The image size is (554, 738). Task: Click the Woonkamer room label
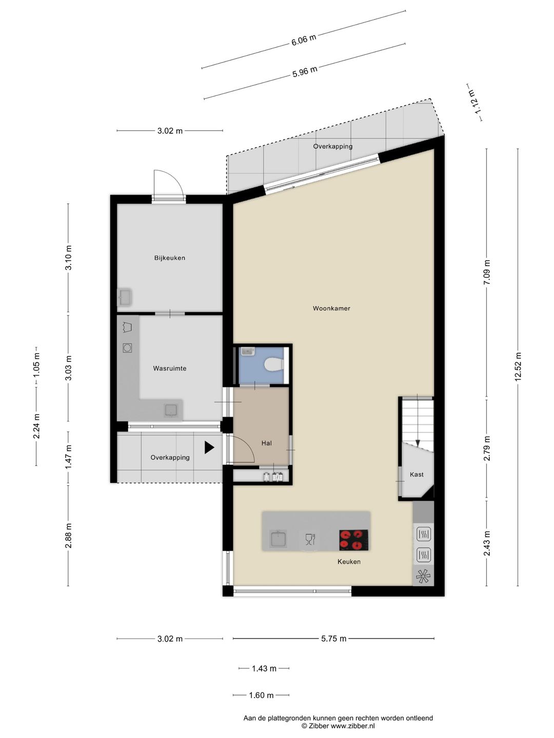pos(331,309)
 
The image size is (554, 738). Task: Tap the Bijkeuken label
pos(169,258)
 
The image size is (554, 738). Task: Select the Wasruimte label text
pos(169,368)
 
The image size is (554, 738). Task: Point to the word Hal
pos(266,443)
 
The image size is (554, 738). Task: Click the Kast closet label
pos(417,475)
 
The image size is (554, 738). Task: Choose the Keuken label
pos(349,562)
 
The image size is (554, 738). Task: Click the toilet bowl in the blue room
pos(274,364)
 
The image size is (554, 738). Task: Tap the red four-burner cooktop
pos(353,540)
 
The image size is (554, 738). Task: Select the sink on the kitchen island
pos(279,539)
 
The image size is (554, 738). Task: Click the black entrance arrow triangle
pos(209,448)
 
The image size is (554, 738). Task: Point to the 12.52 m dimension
pos(518,366)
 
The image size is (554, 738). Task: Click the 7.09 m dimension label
pos(486,272)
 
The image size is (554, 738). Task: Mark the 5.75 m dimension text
pos(333,639)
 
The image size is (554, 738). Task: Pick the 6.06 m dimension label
pos(304,40)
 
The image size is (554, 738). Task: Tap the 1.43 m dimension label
pos(264,668)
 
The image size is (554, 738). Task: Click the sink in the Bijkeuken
pos(124,297)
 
